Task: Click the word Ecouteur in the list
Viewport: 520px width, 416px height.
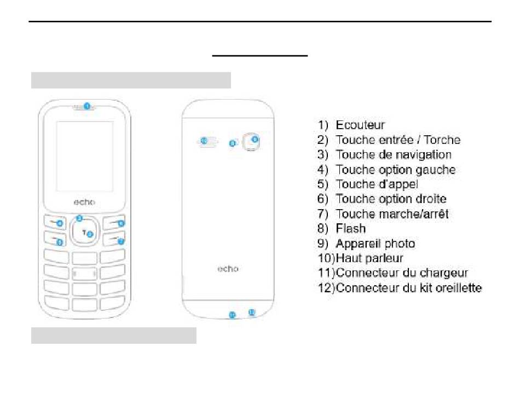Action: [x=360, y=125]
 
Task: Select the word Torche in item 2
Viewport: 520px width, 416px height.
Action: [x=442, y=140]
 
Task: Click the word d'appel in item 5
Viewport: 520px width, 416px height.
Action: [x=397, y=184]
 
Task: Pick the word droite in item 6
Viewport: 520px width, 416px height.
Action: [x=429, y=199]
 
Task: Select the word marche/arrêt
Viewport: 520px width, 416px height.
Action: [x=414, y=214]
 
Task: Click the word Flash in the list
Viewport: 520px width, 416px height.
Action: [x=350, y=229]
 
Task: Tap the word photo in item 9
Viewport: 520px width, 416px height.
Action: [x=397, y=244]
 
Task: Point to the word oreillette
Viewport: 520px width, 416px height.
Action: [x=455, y=287]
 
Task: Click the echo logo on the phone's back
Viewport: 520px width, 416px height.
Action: [x=228, y=269]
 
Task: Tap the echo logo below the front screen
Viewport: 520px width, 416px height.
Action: [x=84, y=202]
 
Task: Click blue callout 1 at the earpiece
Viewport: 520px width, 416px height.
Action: [x=86, y=106]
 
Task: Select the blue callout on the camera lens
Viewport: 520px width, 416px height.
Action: [x=255, y=140]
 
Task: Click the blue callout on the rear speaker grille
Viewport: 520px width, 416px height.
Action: [x=204, y=141]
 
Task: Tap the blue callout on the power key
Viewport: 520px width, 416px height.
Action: [x=121, y=241]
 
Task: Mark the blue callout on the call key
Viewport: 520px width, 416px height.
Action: [x=60, y=242]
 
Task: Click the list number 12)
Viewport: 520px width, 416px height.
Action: [x=326, y=287]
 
